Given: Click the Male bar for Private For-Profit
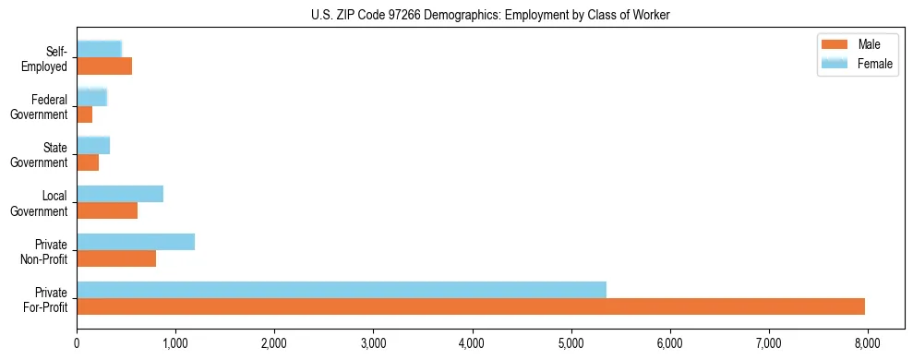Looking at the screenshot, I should (x=471, y=306).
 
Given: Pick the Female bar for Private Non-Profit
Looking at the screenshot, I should (x=136, y=242).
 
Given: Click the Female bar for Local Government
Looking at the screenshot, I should (x=120, y=194).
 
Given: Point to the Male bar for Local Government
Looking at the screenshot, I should (x=107, y=210).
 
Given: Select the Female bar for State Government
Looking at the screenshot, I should (x=93, y=145).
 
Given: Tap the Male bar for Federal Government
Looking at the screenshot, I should (x=85, y=114).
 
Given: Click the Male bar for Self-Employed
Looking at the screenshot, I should (x=104, y=66).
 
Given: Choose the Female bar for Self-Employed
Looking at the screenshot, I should (x=99, y=49).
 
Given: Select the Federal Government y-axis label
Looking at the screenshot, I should (x=41, y=107).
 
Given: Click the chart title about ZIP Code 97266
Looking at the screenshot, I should (x=490, y=15).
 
